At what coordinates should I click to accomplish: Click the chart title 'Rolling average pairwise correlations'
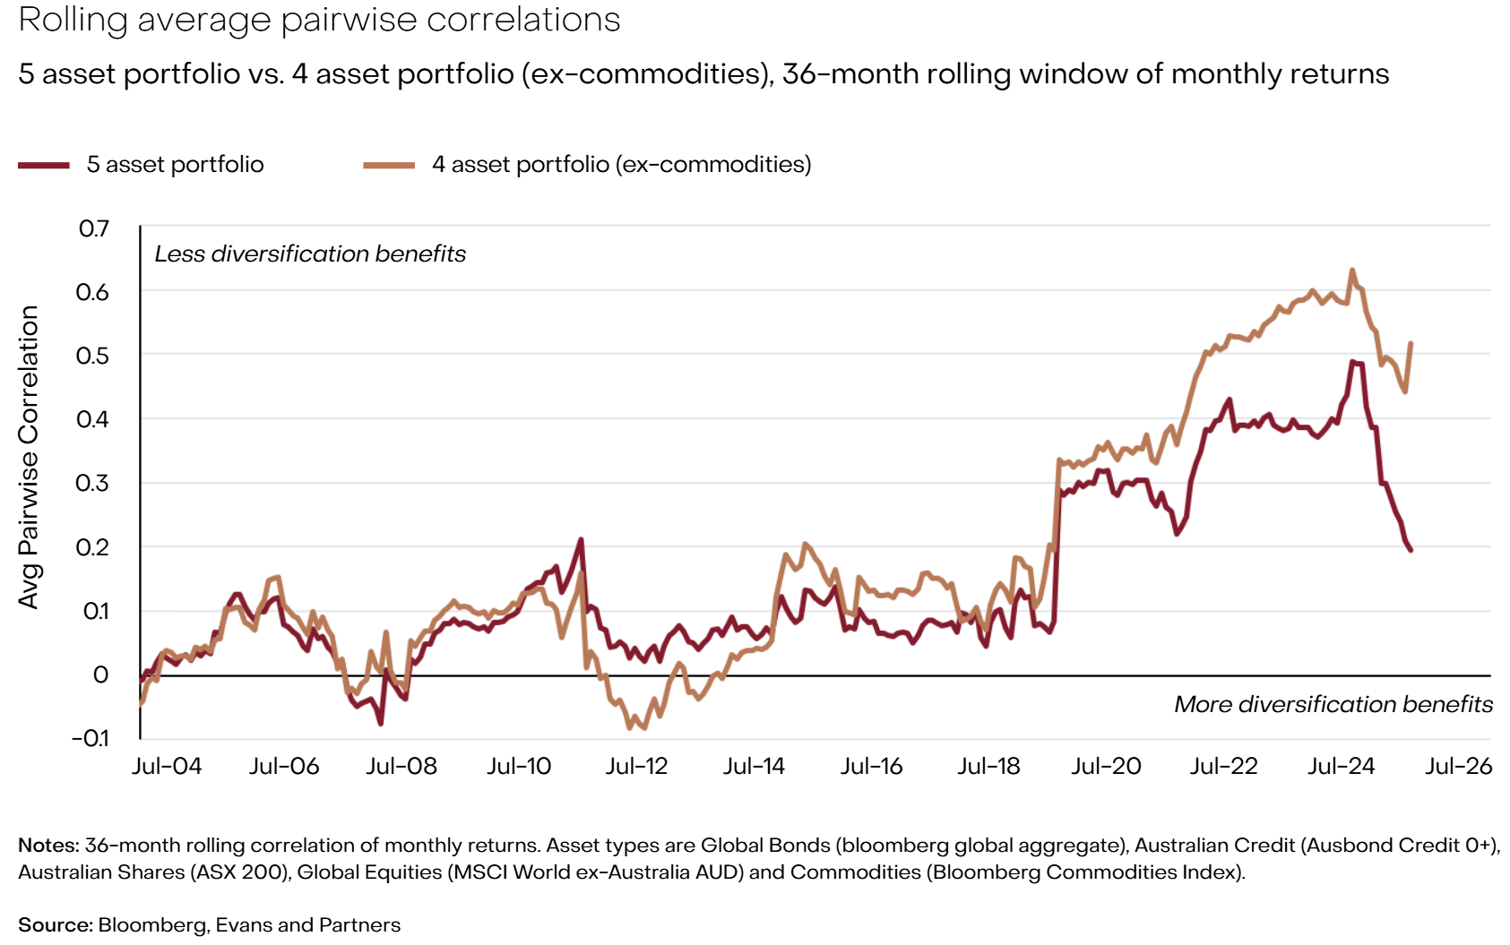point(319,20)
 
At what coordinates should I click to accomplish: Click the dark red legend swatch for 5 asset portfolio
point(43,165)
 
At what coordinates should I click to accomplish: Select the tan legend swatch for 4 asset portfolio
point(389,165)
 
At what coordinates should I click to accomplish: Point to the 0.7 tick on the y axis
point(94,228)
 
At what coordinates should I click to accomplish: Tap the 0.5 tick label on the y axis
point(92,356)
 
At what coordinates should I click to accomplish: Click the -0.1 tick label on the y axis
point(90,738)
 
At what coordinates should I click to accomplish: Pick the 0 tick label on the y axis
point(100,674)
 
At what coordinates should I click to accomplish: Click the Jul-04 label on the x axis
point(167,767)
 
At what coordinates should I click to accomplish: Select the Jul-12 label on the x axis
point(636,767)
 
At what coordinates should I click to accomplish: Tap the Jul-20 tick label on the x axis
point(1106,767)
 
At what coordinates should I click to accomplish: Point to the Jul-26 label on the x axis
point(1459,767)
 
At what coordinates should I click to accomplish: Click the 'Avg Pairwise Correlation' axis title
point(29,457)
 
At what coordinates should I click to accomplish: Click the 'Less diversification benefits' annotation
point(310,254)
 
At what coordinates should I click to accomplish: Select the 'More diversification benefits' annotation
point(1333,705)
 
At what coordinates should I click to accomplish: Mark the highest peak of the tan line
point(1351,270)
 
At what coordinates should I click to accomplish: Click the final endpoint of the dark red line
point(1411,549)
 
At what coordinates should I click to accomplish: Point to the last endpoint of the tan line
point(1411,343)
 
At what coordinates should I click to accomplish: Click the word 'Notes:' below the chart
point(48,846)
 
